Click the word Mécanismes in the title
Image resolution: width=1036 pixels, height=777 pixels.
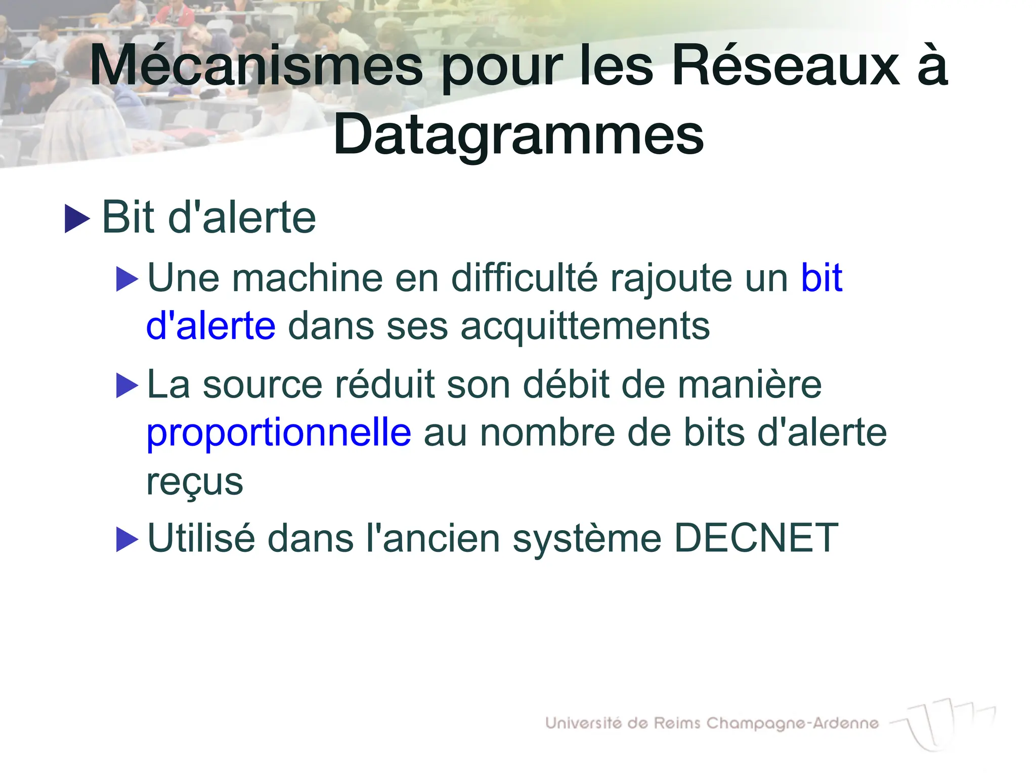(x=256, y=66)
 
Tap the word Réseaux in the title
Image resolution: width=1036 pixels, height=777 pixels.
(x=786, y=66)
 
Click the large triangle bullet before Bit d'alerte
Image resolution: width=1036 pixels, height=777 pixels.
(x=77, y=219)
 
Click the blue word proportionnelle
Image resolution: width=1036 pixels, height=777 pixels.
(x=279, y=433)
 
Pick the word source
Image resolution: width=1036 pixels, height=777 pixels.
(x=262, y=384)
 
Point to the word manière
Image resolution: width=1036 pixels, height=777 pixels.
(x=750, y=384)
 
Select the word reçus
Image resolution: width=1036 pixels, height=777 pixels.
(x=195, y=482)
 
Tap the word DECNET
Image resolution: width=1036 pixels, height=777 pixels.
(x=756, y=538)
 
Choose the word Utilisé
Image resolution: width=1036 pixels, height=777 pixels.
(x=201, y=538)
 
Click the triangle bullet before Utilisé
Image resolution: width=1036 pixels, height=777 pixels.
(x=126, y=539)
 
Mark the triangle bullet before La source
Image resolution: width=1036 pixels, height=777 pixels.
(x=126, y=386)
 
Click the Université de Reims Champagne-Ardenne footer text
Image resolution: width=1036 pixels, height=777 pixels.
(x=712, y=723)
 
